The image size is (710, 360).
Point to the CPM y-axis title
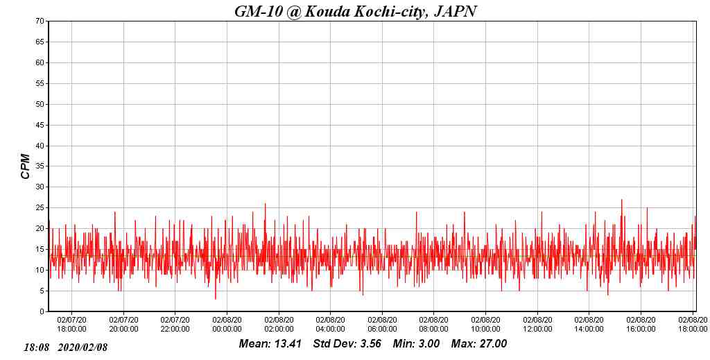[x=26, y=166]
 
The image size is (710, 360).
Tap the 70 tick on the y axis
[x=40, y=22]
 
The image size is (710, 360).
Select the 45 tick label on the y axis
[x=40, y=126]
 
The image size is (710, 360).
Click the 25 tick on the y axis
[x=40, y=208]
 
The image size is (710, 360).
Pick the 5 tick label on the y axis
[x=42, y=291]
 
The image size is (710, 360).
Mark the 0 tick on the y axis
[x=42, y=312]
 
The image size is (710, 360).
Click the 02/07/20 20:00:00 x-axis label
[x=123, y=325]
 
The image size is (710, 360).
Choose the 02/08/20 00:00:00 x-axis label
[x=227, y=325]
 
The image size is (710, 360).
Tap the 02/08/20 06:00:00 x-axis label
[x=382, y=325]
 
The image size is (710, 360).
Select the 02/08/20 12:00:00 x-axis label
[x=537, y=325]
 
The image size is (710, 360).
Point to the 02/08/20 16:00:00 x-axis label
[x=641, y=325]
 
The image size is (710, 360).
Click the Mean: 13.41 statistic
[x=270, y=344]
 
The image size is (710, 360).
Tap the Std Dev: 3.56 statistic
[x=347, y=344]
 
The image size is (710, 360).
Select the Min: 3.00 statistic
[x=416, y=344]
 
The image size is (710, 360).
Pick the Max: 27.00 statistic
[x=479, y=344]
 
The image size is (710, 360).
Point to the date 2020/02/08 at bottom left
[x=83, y=347]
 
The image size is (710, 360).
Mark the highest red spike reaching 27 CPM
[x=621, y=200]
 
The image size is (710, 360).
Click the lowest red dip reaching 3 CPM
[x=215, y=299]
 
